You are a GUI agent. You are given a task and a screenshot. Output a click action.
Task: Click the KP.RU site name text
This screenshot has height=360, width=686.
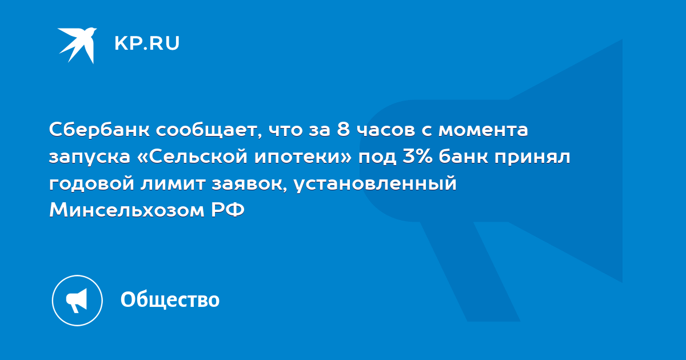click(x=147, y=43)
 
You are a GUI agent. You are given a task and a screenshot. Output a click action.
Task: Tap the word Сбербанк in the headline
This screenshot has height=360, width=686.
click(x=99, y=130)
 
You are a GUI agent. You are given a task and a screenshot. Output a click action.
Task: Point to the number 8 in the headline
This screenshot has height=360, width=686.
click(x=344, y=130)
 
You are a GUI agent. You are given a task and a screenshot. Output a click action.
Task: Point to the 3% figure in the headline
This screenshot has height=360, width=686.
click(x=417, y=157)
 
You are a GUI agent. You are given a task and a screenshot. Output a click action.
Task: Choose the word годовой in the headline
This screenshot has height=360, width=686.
click(x=91, y=183)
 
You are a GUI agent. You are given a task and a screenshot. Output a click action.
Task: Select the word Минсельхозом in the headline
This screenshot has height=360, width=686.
click(x=127, y=210)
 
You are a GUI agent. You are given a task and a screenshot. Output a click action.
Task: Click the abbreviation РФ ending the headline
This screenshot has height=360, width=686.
click(x=228, y=210)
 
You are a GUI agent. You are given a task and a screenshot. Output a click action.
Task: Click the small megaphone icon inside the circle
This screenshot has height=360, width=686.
click(x=77, y=301)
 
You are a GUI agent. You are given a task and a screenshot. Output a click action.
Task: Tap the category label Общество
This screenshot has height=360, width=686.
click(x=170, y=299)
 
